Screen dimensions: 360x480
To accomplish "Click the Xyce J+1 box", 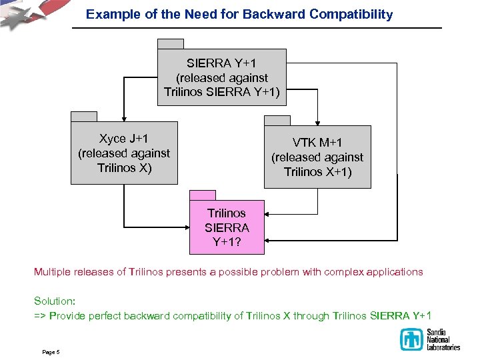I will [125, 153].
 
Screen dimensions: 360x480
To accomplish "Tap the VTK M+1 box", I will [317, 157].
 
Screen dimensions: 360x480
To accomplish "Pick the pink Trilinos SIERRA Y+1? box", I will [227, 227].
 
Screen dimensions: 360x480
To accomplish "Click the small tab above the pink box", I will [203, 195].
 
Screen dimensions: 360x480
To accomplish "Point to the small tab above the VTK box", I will [277, 120].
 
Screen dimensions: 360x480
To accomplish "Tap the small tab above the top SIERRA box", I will [171, 43].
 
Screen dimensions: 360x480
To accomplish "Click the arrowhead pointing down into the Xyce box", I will [124, 117].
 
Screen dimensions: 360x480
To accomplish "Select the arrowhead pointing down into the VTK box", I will [317, 122].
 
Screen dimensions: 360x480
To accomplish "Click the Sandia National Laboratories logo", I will [430, 339].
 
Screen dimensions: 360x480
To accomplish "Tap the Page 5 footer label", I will [51, 351].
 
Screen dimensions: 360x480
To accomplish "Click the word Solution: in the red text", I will [57, 301].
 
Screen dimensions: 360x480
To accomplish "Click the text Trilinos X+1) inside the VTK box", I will [317, 172].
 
